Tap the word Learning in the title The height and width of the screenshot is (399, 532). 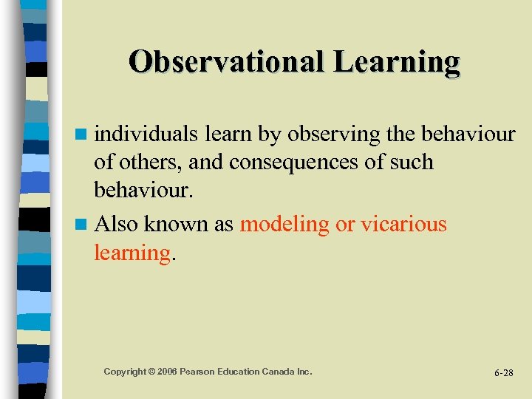396,61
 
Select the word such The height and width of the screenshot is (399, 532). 410,162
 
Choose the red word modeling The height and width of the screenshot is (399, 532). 284,224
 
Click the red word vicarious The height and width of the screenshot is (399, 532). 403,223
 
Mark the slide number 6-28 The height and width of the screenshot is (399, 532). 503,373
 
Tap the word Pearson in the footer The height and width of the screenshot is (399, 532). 204,371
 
